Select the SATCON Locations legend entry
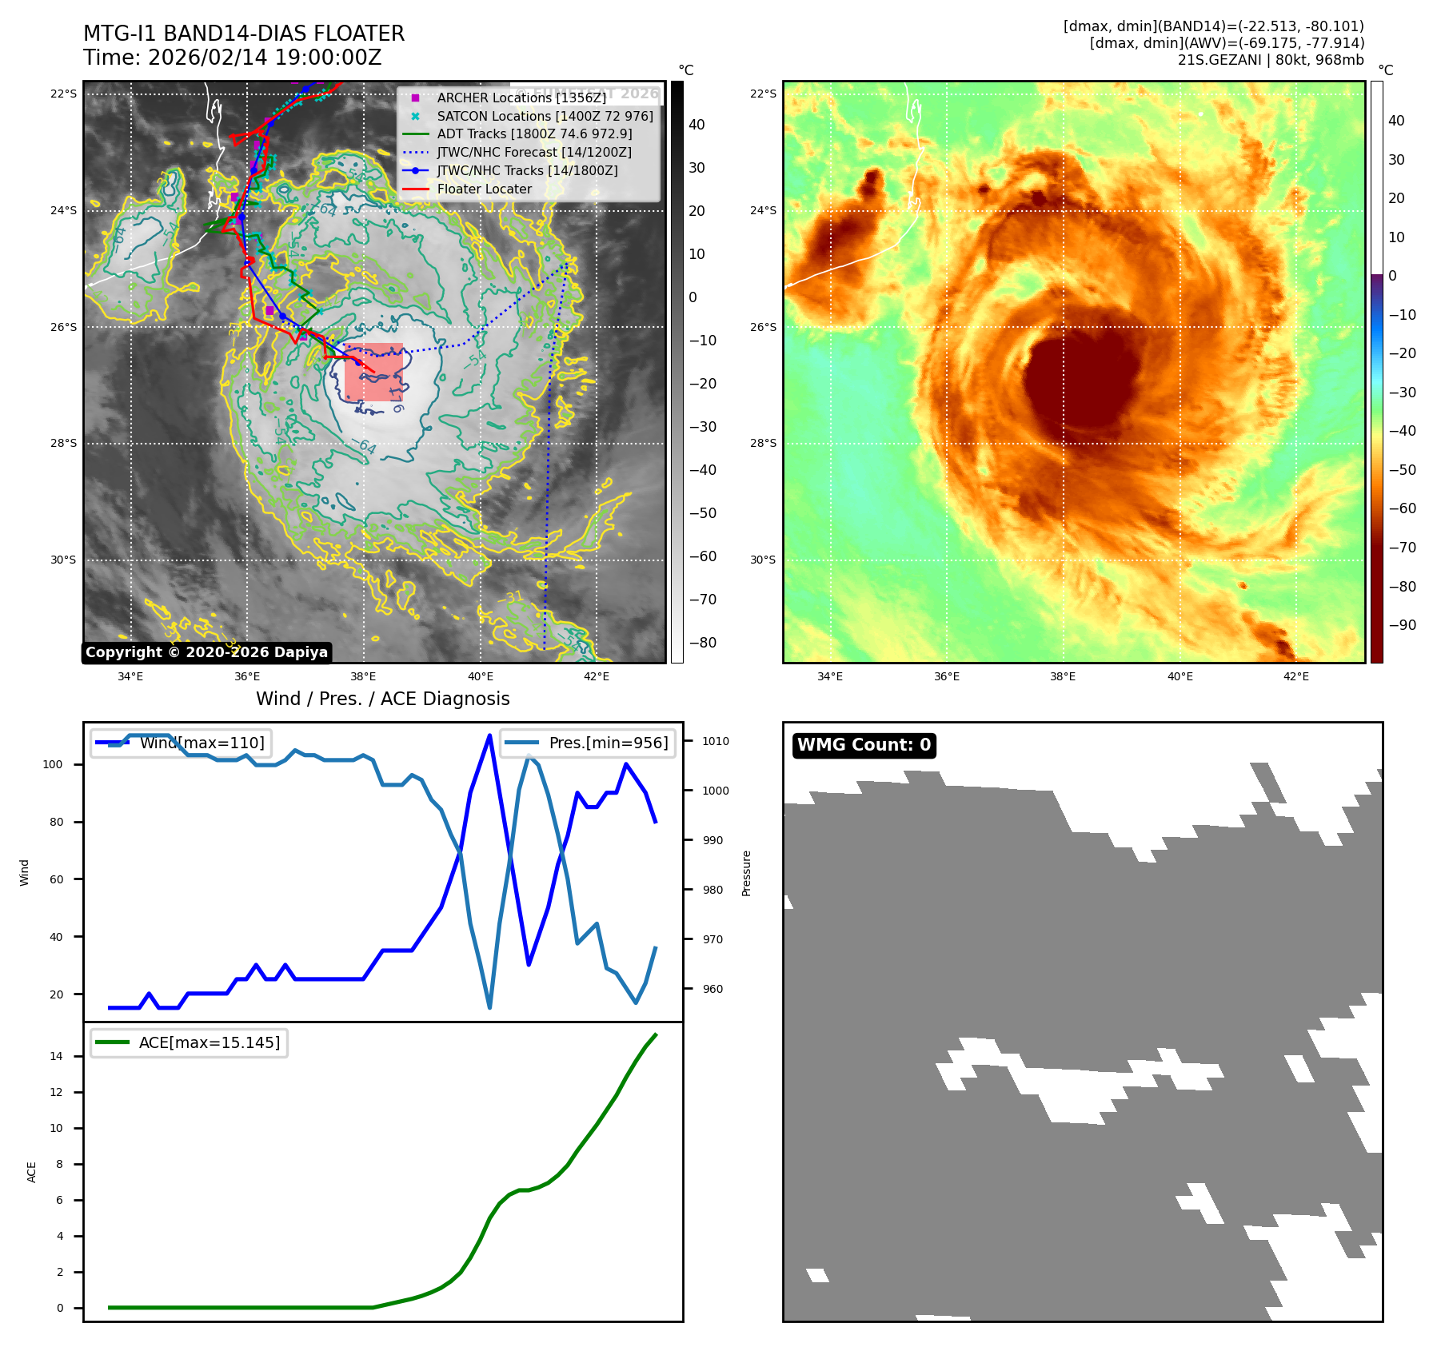click(545, 116)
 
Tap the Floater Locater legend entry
click(484, 189)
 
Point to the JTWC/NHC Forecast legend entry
click(533, 152)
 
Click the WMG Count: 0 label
click(864, 745)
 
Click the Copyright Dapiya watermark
click(206, 652)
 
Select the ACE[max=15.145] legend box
click(190, 1042)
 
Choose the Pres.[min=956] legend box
click(588, 743)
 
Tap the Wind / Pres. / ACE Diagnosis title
click(382, 699)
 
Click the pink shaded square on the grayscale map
click(373, 373)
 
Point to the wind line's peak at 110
click(489, 735)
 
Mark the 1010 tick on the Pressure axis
click(715, 741)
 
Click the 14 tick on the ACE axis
click(56, 1056)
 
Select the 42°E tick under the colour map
click(1295, 676)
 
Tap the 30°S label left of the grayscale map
click(63, 560)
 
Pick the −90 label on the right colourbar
click(1402, 625)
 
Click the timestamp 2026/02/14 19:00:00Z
click(265, 58)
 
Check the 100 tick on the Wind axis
click(52, 764)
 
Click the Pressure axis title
click(746, 873)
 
